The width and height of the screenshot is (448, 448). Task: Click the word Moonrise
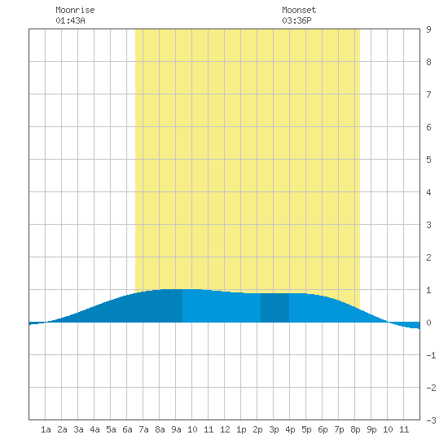[75, 10]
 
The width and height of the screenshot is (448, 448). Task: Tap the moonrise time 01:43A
[70, 20]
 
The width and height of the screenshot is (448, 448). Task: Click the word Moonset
[299, 10]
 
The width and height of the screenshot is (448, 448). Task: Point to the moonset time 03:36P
[296, 20]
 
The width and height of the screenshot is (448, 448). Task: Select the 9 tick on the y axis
[428, 29]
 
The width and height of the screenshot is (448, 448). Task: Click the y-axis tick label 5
[428, 160]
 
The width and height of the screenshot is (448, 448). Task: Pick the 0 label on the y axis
[428, 323]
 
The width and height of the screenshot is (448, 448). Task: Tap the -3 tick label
[431, 420]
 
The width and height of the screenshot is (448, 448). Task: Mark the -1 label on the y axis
[431, 355]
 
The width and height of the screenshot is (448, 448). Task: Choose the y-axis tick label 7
[428, 94]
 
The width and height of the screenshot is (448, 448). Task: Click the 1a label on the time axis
[46, 429]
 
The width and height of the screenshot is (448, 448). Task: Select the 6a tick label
[127, 429]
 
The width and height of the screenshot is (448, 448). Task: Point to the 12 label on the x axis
[225, 429]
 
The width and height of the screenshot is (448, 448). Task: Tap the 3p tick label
[274, 429]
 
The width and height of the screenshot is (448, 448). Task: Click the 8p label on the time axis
[355, 429]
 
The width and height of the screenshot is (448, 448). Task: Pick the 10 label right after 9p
[388, 429]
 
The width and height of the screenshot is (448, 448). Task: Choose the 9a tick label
[176, 429]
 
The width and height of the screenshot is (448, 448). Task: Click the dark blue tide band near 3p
[275, 308]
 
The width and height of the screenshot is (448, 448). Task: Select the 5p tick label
[306, 429]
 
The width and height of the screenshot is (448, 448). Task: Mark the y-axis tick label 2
[428, 257]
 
